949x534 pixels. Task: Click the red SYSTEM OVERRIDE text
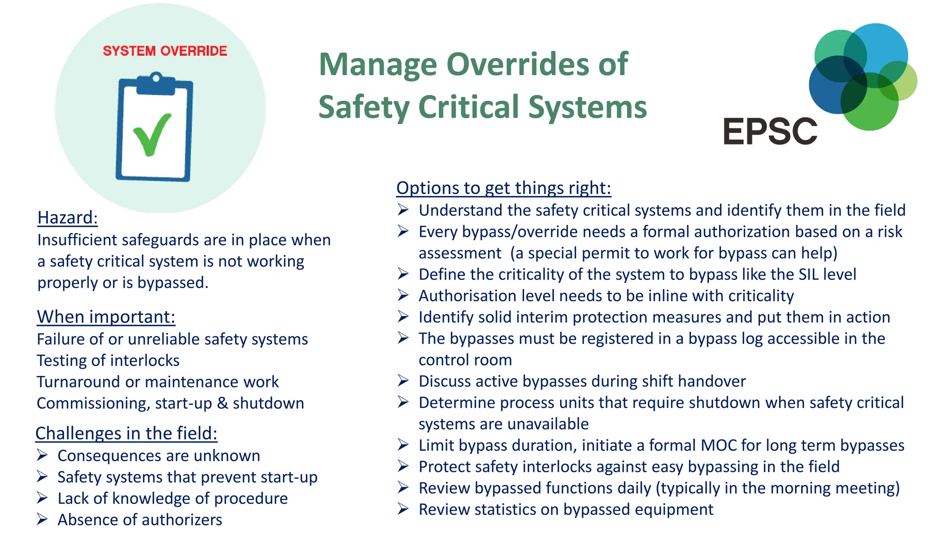pyautogui.click(x=165, y=51)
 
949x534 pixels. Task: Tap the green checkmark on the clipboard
pyautogui.click(x=152, y=135)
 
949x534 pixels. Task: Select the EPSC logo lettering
pyautogui.click(x=770, y=132)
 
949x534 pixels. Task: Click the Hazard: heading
pyautogui.click(x=68, y=217)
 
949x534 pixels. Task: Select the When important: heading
pyautogui.click(x=106, y=317)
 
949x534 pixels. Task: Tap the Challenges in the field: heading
pyautogui.click(x=127, y=433)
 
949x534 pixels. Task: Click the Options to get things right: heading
pyautogui.click(x=504, y=188)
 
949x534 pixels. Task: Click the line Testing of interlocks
pyautogui.click(x=108, y=360)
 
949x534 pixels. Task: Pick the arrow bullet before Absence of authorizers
pyautogui.click(x=42, y=519)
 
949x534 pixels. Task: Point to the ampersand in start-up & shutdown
pyautogui.click(x=222, y=403)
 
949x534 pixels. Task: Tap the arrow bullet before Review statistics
pyautogui.click(x=403, y=509)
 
